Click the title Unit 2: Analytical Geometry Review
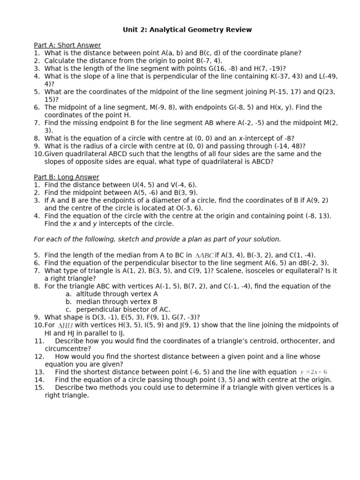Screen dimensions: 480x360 tap(187, 30)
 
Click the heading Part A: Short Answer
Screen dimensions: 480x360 tap(67, 45)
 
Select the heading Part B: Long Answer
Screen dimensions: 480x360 tap(67, 177)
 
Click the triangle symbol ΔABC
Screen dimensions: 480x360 tap(204, 255)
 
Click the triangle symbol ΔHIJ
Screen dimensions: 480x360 tap(65, 325)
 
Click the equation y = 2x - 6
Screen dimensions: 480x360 tap(314, 372)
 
